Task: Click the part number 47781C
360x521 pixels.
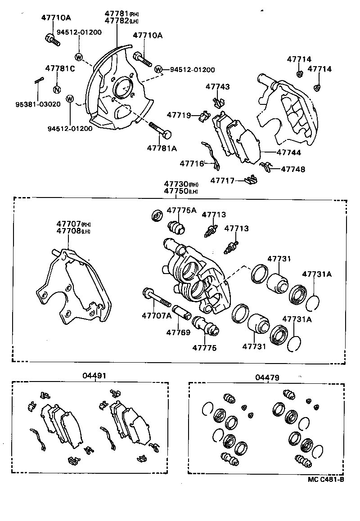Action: point(60,68)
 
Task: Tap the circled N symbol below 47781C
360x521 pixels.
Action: point(57,89)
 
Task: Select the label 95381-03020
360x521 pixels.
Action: point(37,104)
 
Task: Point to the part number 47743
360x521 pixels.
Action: point(218,86)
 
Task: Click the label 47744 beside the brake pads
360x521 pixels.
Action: point(289,153)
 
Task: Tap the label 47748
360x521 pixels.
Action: point(293,169)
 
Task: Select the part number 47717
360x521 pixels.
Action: point(222,180)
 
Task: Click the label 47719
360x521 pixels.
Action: point(179,115)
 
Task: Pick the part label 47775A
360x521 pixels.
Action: point(182,210)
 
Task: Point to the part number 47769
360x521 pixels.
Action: point(179,332)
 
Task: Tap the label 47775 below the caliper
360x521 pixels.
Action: point(205,348)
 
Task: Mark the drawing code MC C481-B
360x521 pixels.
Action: point(326,479)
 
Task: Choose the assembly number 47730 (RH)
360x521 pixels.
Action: point(180,184)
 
